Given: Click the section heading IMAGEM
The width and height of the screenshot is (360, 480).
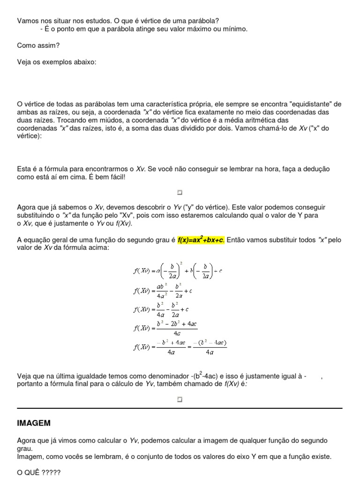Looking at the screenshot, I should pos(34,423).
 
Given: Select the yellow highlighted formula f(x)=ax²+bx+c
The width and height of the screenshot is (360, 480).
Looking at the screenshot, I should pos(201,240).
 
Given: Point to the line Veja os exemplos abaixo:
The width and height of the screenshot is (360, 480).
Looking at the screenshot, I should pos(57,62).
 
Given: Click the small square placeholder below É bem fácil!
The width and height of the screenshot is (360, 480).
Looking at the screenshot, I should pos(180,192).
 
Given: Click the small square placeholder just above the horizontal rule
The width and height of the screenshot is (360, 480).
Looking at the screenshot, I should pos(180,399).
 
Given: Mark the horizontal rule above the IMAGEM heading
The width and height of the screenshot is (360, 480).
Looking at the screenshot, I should pos(180,408).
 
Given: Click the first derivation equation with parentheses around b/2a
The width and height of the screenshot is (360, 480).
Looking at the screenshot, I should pos(178,271).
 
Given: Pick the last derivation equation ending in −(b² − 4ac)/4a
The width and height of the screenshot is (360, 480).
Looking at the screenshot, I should pos(180,347).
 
